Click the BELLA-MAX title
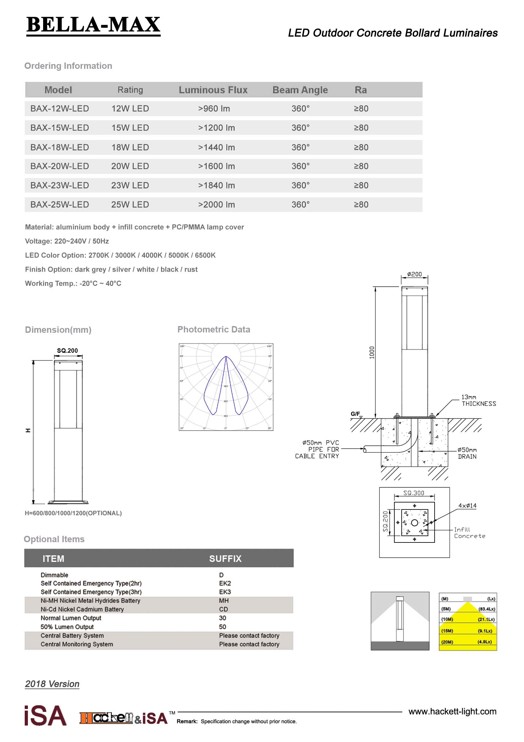(x=93, y=25)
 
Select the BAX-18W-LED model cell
(x=59, y=148)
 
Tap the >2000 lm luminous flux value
(x=216, y=205)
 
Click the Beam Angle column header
(x=300, y=90)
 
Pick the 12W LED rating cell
(x=130, y=108)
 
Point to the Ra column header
(x=361, y=90)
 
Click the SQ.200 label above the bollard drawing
(x=67, y=351)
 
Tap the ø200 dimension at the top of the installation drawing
(x=415, y=274)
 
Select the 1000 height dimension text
(x=372, y=352)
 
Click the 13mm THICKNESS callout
(x=478, y=400)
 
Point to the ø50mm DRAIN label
(x=467, y=453)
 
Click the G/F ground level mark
(x=355, y=414)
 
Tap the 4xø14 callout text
(x=467, y=506)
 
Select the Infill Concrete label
(x=469, y=533)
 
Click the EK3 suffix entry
(x=225, y=592)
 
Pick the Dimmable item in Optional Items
(x=54, y=575)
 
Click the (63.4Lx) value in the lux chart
(x=487, y=609)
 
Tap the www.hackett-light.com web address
(x=452, y=711)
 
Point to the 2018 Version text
(x=52, y=684)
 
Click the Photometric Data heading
(x=214, y=329)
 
